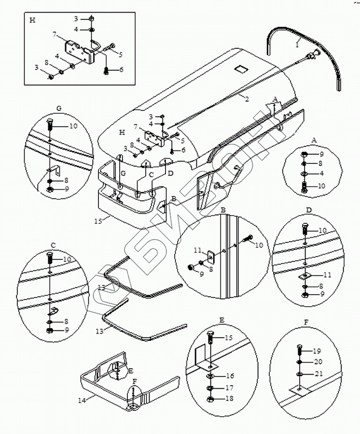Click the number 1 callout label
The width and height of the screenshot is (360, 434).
coord(298,43)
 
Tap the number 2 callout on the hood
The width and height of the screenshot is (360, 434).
coord(246,99)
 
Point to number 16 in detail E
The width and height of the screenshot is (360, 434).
coord(229,375)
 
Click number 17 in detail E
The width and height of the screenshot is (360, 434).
coord(229,387)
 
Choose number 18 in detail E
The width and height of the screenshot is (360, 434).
coord(229,398)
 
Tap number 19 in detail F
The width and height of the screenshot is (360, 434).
coord(317,351)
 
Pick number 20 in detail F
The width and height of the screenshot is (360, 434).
coord(317,362)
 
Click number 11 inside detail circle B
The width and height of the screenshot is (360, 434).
coord(197,251)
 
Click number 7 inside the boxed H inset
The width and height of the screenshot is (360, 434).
coord(55,35)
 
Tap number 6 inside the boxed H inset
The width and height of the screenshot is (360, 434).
coord(121,69)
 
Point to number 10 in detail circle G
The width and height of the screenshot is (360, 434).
coord(73,126)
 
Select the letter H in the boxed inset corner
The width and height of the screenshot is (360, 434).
coord(32,20)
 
